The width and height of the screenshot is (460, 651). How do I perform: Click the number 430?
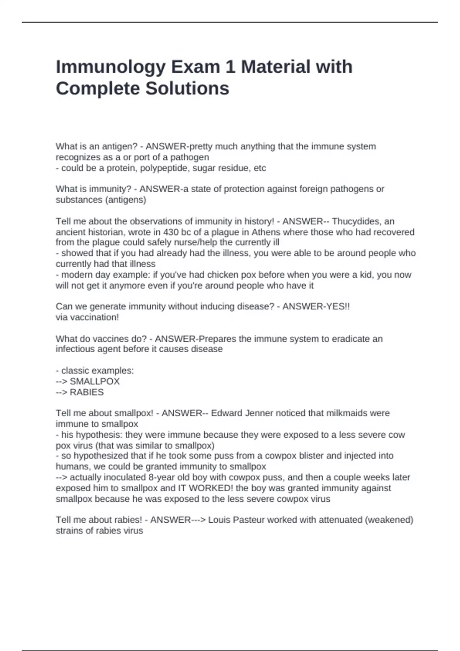pos(171,232)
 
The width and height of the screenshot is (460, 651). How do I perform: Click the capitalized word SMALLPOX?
pos(95,381)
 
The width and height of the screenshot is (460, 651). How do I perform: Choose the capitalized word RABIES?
pos(87,392)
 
